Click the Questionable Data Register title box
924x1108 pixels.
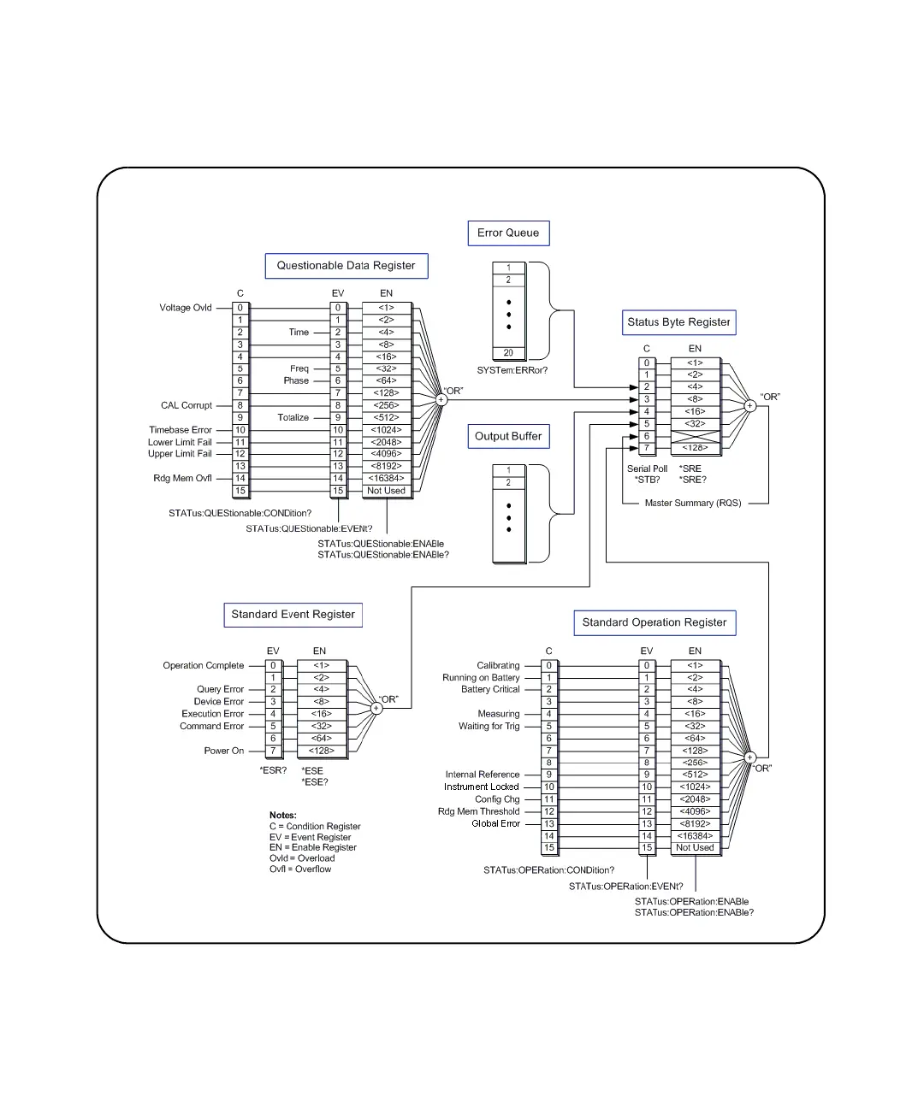pyautogui.click(x=346, y=266)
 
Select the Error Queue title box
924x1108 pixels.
pyautogui.click(x=508, y=233)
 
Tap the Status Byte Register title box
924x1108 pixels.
pyautogui.click(x=678, y=322)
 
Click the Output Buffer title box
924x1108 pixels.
pyautogui.click(x=508, y=436)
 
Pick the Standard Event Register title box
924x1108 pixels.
pyautogui.click(x=293, y=615)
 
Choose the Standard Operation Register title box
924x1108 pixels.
pyautogui.click(x=654, y=622)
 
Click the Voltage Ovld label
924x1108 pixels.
pyautogui.click(x=186, y=308)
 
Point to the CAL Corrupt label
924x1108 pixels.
pyautogui.click(x=187, y=405)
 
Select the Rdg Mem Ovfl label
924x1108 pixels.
pyautogui.click(x=182, y=479)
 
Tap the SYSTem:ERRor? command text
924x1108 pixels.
pyautogui.click(x=512, y=371)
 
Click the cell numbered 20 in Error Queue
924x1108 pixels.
pyautogui.click(x=508, y=353)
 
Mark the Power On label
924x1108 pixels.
pyautogui.click(x=224, y=751)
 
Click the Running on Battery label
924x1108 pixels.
pyautogui.click(x=481, y=678)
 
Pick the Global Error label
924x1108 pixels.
pyautogui.click(x=495, y=824)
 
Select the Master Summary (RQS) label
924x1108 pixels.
pyautogui.click(x=693, y=504)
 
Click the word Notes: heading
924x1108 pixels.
pyautogui.click(x=283, y=816)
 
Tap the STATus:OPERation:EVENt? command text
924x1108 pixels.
pyautogui.click(x=626, y=887)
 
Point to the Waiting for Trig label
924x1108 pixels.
pyautogui.click(x=489, y=727)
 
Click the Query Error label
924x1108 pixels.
pyautogui.click(x=221, y=689)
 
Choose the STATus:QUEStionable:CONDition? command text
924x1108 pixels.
pyautogui.click(x=240, y=514)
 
